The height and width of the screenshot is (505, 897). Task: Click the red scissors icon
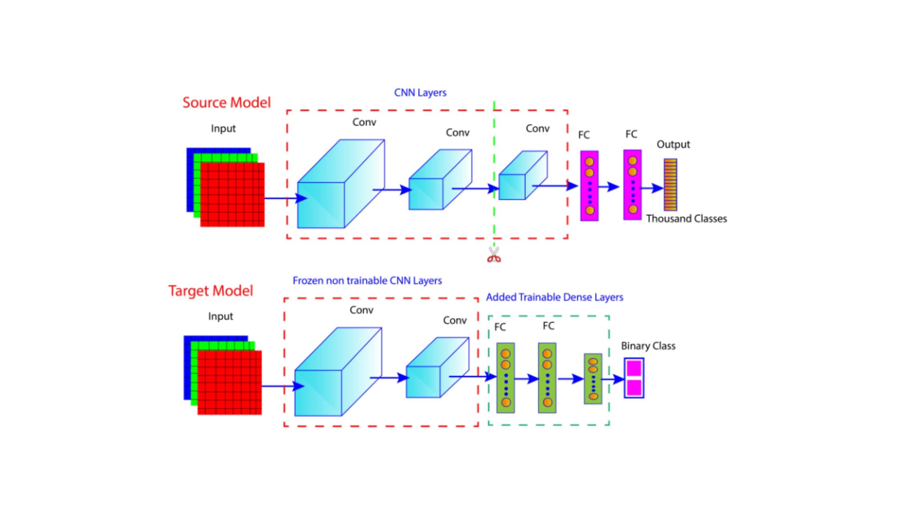click(494, 255)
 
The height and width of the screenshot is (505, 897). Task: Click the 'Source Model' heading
click(227, 103)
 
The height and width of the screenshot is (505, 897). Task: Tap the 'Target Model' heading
click(211, 291)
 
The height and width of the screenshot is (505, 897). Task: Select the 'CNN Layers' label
click(420, 93)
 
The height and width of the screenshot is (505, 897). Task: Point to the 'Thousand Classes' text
click(686, 219)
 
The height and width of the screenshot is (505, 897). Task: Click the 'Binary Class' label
click(648, 346)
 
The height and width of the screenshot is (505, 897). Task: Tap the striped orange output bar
click(670, 185)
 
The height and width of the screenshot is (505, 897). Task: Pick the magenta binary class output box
click(634, 378)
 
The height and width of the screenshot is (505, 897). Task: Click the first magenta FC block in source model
click(589, 186)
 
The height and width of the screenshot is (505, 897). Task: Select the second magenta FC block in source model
click(632, 185)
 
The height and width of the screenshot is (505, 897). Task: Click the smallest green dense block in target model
click(593, 379)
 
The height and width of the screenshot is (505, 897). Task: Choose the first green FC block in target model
click(506, 378)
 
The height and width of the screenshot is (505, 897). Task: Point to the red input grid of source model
click(232, 195)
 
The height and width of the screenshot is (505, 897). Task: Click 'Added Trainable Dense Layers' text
click(555, 297)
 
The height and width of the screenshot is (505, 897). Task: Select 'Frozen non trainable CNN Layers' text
click(367, 281)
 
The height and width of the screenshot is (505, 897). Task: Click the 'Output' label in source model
click(673, 144)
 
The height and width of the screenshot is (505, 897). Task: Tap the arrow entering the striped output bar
click(653, 188)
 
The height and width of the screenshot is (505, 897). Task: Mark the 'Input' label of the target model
click(220, 316)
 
